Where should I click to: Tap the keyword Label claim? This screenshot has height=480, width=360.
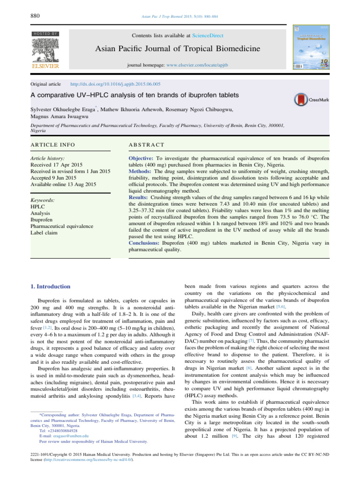point(43,232)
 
